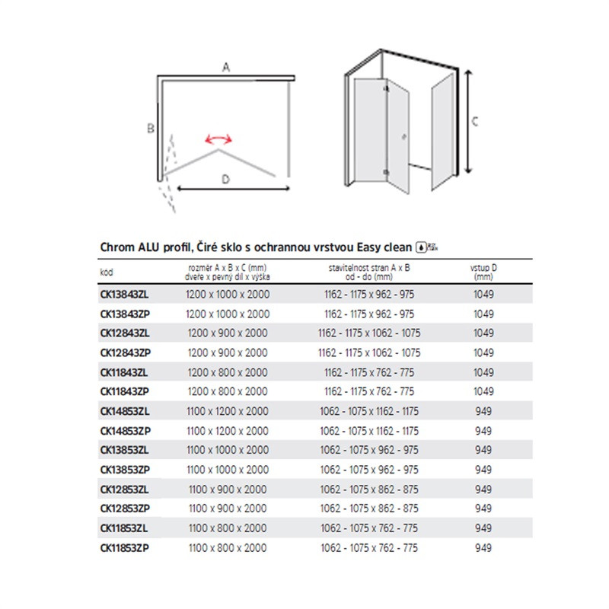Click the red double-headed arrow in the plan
pos(218,139)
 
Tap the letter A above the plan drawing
pos(226,68)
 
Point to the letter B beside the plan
pos(151,129)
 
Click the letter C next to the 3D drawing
pos(474,121)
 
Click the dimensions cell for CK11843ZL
pos(228,371)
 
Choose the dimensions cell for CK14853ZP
pos(228,430)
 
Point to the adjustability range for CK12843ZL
pos(368,333)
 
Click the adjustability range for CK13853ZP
pos(368,469)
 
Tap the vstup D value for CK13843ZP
pos(483,314)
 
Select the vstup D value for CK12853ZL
pos(483,489)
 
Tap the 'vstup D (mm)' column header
pos(483,273)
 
